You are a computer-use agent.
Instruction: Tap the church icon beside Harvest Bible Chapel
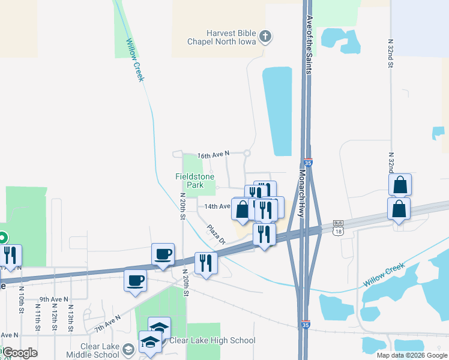coord(265,37)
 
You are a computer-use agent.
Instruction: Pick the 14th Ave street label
coord(217,206)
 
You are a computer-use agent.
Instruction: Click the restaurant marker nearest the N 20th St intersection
coord(206,263)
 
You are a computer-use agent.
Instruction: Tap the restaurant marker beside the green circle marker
coord(11,256)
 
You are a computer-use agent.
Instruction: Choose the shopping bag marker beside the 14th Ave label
coord(242,209)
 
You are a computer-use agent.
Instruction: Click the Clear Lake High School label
coord(212,341)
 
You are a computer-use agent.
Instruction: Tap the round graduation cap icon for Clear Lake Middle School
coord(128,349)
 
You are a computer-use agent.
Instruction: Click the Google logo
coord(20,353)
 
